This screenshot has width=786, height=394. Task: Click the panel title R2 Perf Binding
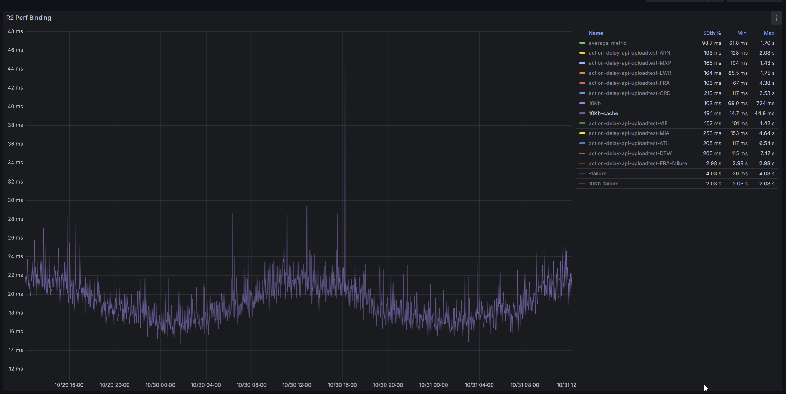click(29, 18)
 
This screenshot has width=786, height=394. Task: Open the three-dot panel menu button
click(776, 18)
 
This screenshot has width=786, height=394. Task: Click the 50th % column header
click(712, 33)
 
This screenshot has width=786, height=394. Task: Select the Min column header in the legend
click(741, 33)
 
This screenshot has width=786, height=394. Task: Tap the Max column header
click(769, 33)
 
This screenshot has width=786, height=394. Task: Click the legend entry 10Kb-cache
click(603, 113)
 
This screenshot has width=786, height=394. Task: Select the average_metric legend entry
click(607, 43)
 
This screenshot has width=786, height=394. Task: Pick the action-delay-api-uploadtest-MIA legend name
click(629, 133)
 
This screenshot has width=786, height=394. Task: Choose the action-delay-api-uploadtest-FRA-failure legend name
click(637, 163)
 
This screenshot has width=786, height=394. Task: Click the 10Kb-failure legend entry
click(603, 184)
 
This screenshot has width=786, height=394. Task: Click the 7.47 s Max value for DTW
click(767, 153)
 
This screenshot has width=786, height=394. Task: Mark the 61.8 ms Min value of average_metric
click(738, 43)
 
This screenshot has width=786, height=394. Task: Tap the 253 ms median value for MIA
click(712, 133)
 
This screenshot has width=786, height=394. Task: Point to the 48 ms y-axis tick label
click(15, 31)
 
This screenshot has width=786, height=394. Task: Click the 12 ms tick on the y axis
click(16, 369)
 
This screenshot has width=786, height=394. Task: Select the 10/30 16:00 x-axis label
click(342, 385)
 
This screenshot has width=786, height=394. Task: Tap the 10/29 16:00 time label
click(69, 385)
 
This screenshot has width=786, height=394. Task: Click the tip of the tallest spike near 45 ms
click(345, 61)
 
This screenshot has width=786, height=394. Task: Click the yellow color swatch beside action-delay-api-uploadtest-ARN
click(582, 53)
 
